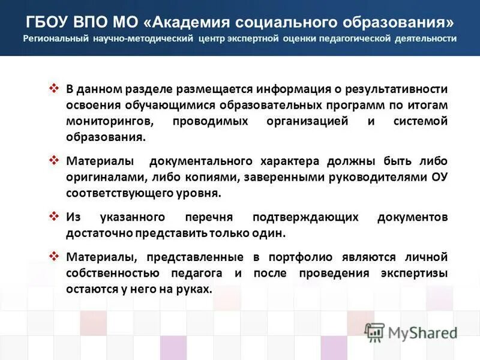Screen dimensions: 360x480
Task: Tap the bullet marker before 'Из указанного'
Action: tap(53, 215)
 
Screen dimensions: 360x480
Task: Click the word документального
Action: tap(200, 162)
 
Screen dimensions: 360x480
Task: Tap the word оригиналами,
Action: tap(103, 178)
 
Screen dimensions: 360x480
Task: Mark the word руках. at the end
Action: tap(195, 289)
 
